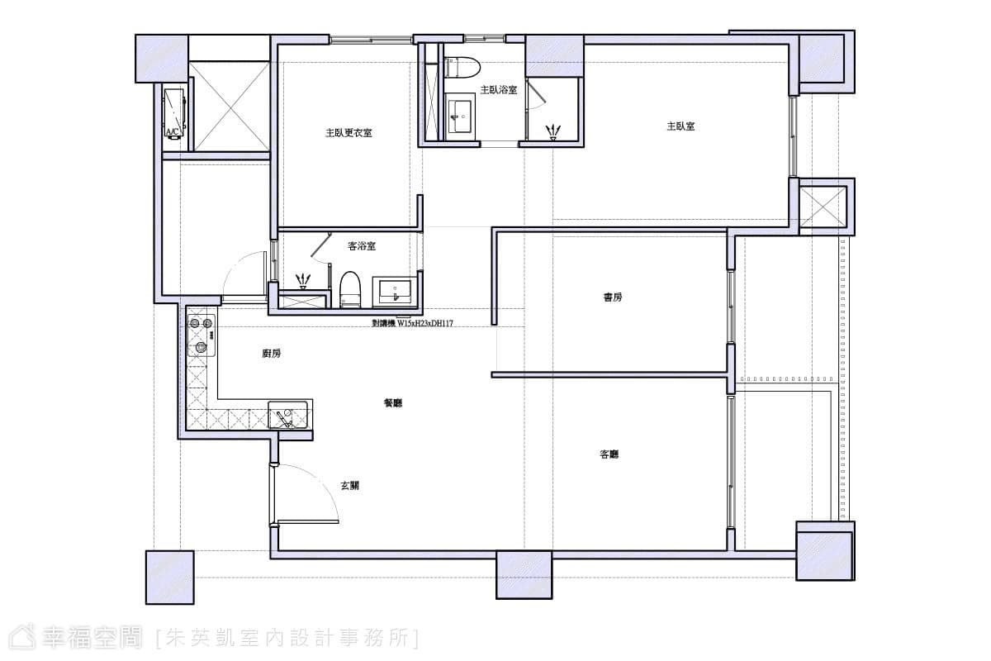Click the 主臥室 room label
(x=680, y=126)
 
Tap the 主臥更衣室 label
(x=349, y=133)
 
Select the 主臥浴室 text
(x=499, y=90)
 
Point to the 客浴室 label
(x=362, y=246)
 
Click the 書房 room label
(x=613, y=297)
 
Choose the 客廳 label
(x=609, y=454)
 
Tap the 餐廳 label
(x=393, y=403)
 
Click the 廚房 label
(x=271, y=354)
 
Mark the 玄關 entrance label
(x=349, y=486)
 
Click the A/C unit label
(x=173, y=131)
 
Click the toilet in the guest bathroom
(x=350, y=289)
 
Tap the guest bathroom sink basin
(x=396, y=292)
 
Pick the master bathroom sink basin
(x=460, y=117)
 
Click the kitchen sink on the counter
(x=287, y=415)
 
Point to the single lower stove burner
(x=202, y=348)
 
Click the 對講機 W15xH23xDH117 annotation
(x=412, y=324)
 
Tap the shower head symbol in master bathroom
(x=552, y=133)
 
